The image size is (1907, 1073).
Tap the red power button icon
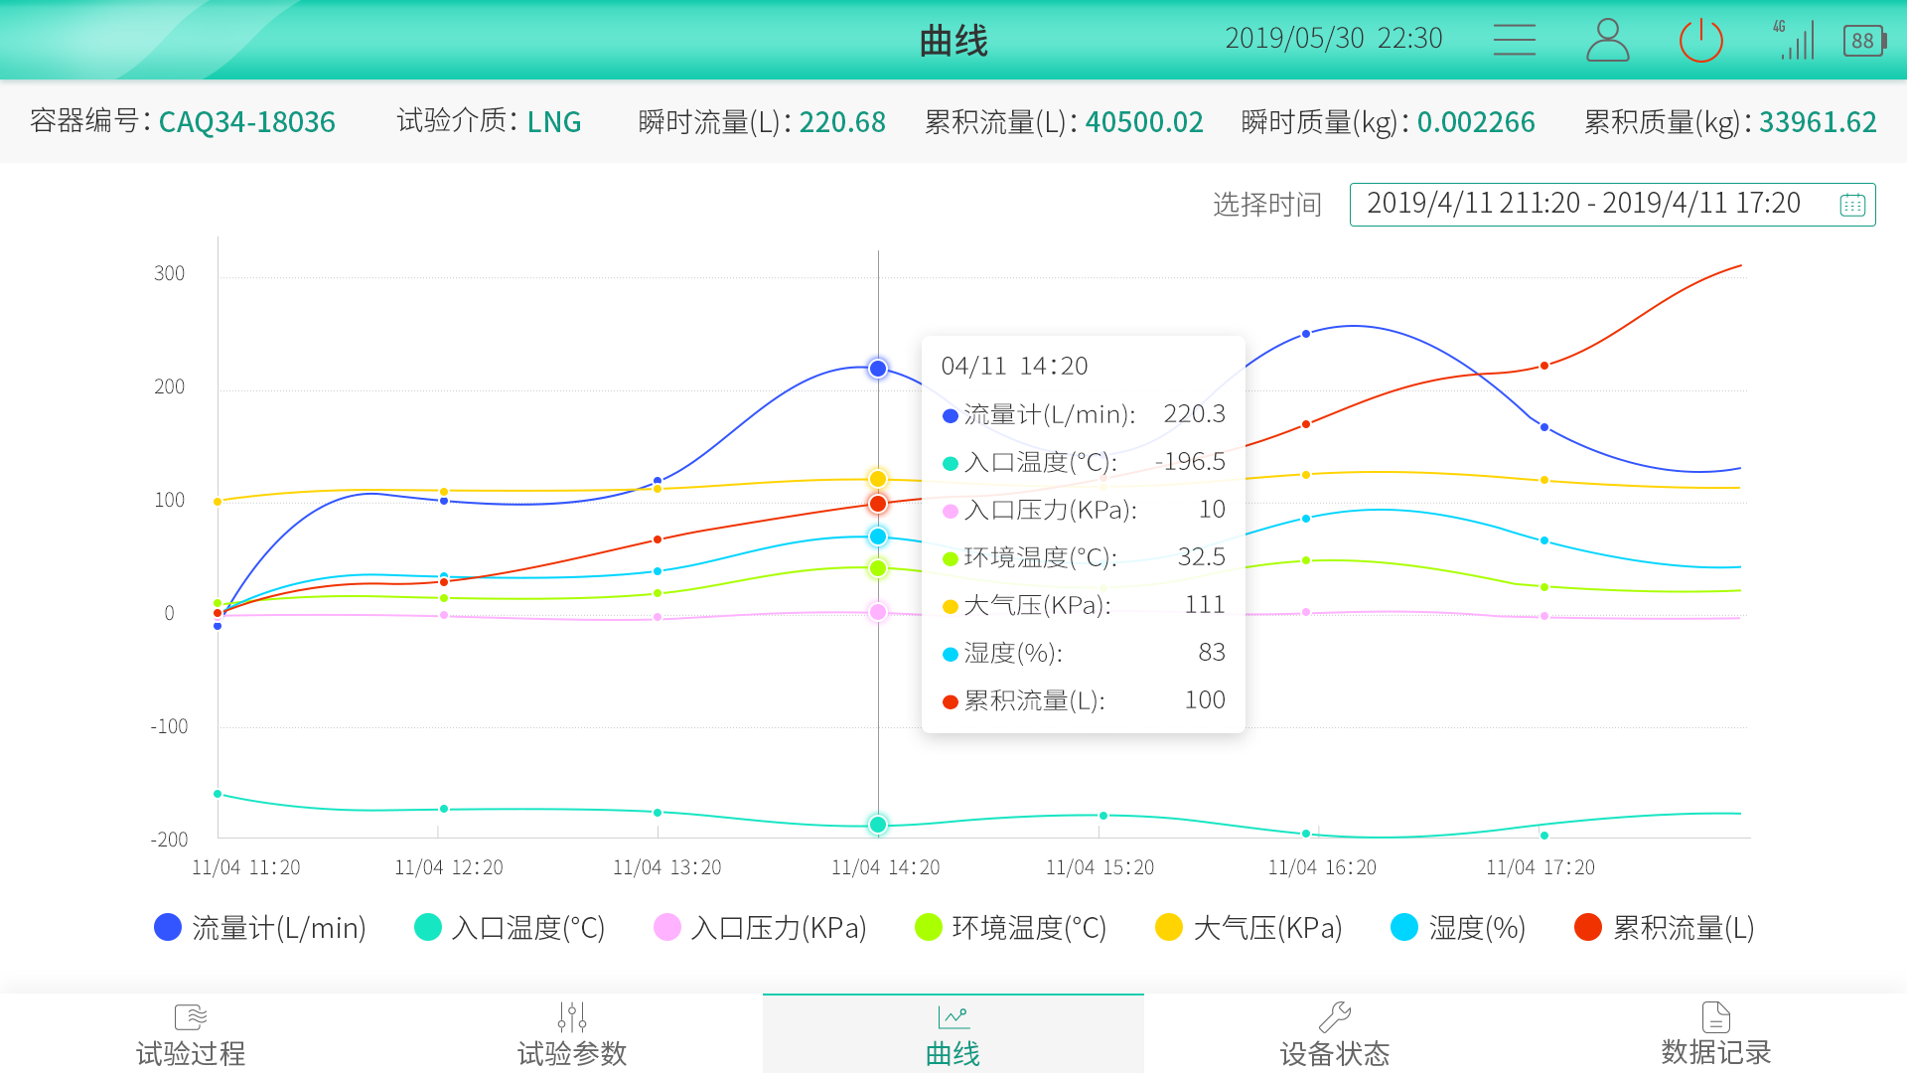[1700, 41]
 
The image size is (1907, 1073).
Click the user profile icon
[1607, 41]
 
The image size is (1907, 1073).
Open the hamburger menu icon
[1514, 40]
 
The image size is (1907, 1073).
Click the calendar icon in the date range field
[1851, 205]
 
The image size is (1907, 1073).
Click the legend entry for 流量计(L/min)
[260, 927]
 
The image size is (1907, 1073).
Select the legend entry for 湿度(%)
[1458, 927]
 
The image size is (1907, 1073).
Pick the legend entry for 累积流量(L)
[1665, 927]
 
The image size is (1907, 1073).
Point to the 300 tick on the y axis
[169, 273]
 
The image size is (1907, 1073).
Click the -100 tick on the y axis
[169, 726]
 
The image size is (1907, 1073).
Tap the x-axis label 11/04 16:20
[1322, 867]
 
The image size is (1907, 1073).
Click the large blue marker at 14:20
[878, 369]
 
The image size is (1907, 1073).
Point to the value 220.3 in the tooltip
[1194, 413]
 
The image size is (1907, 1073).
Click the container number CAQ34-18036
[246, 122]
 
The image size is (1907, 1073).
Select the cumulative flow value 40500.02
[1144, 122]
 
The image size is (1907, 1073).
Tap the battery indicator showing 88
[1863, 41]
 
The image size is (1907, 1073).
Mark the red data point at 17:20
[1544, 366]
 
